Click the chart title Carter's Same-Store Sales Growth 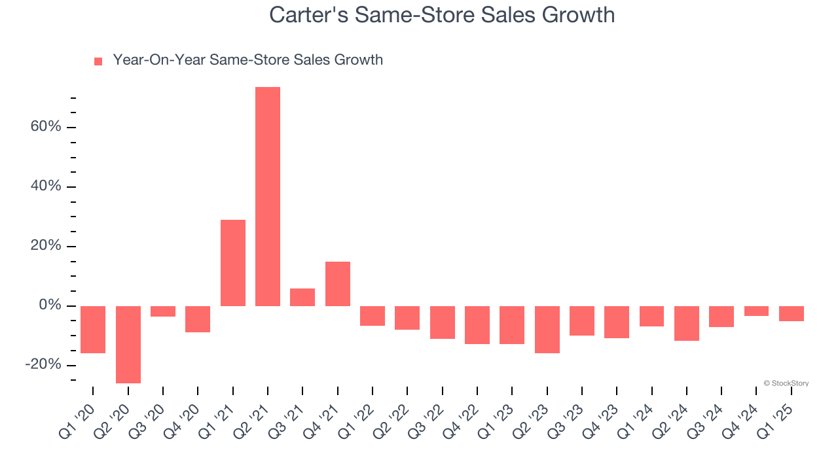[x=442, y=14]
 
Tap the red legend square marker [x=98, y=61]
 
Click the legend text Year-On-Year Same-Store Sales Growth [x=247, y=60]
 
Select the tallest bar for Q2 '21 [x=268, y=196]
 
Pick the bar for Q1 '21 [x=233, y=263]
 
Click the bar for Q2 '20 [x=128, y=344]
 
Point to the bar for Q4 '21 [x=338, y=284]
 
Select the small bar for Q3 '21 [x=302, y=297]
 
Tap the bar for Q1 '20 [x=93, y=329]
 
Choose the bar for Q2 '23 [x=547, y=329]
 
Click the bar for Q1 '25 [x=792, y=313]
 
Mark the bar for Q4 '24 [x=757, y=311]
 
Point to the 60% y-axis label [x=46, y=127]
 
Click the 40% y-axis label [x=46, y=186]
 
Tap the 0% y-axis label [x=50, y=305]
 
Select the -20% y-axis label [x=43, y=365]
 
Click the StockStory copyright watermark [x=786, y=383]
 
